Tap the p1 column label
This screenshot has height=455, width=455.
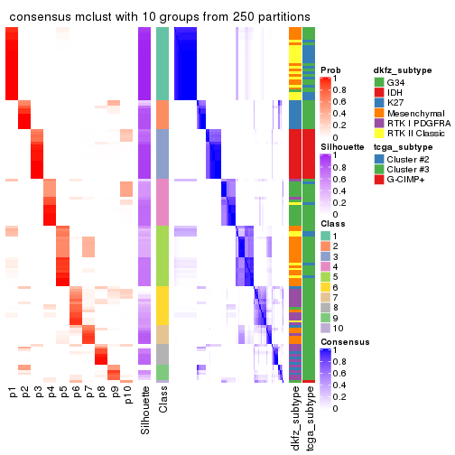coord(13,393)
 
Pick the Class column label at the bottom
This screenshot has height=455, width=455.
coord(162,403)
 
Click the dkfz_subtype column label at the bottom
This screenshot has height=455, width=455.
coord(295,419)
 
